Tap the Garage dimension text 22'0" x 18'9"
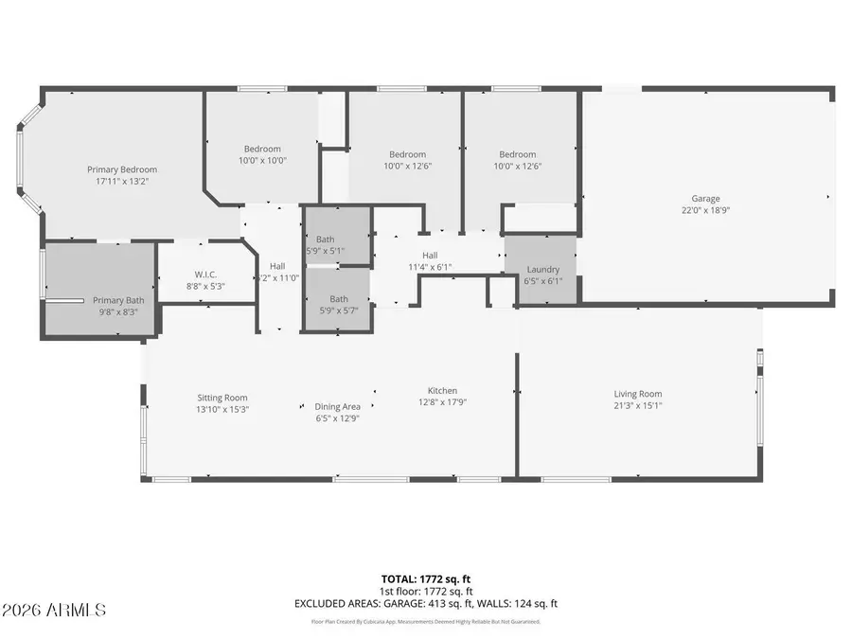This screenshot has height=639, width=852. [705, 211]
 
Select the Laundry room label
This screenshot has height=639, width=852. [542, 269]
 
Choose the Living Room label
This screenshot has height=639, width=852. [638, 394]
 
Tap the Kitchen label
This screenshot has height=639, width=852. [442, 390]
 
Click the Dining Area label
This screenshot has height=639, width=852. [337, 406]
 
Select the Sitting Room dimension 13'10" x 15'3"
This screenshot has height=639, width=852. [222, 410]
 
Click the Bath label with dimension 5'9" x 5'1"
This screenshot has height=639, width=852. [325, 240]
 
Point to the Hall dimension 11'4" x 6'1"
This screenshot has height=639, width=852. [430, 267]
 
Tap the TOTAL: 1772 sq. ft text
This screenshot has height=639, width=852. [425, 577]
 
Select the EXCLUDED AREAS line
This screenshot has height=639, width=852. [425, 603]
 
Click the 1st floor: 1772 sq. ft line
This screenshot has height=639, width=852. [425, 591]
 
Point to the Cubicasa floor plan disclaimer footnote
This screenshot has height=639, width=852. [425, 622]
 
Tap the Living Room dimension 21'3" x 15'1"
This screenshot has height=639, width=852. [638, 406]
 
